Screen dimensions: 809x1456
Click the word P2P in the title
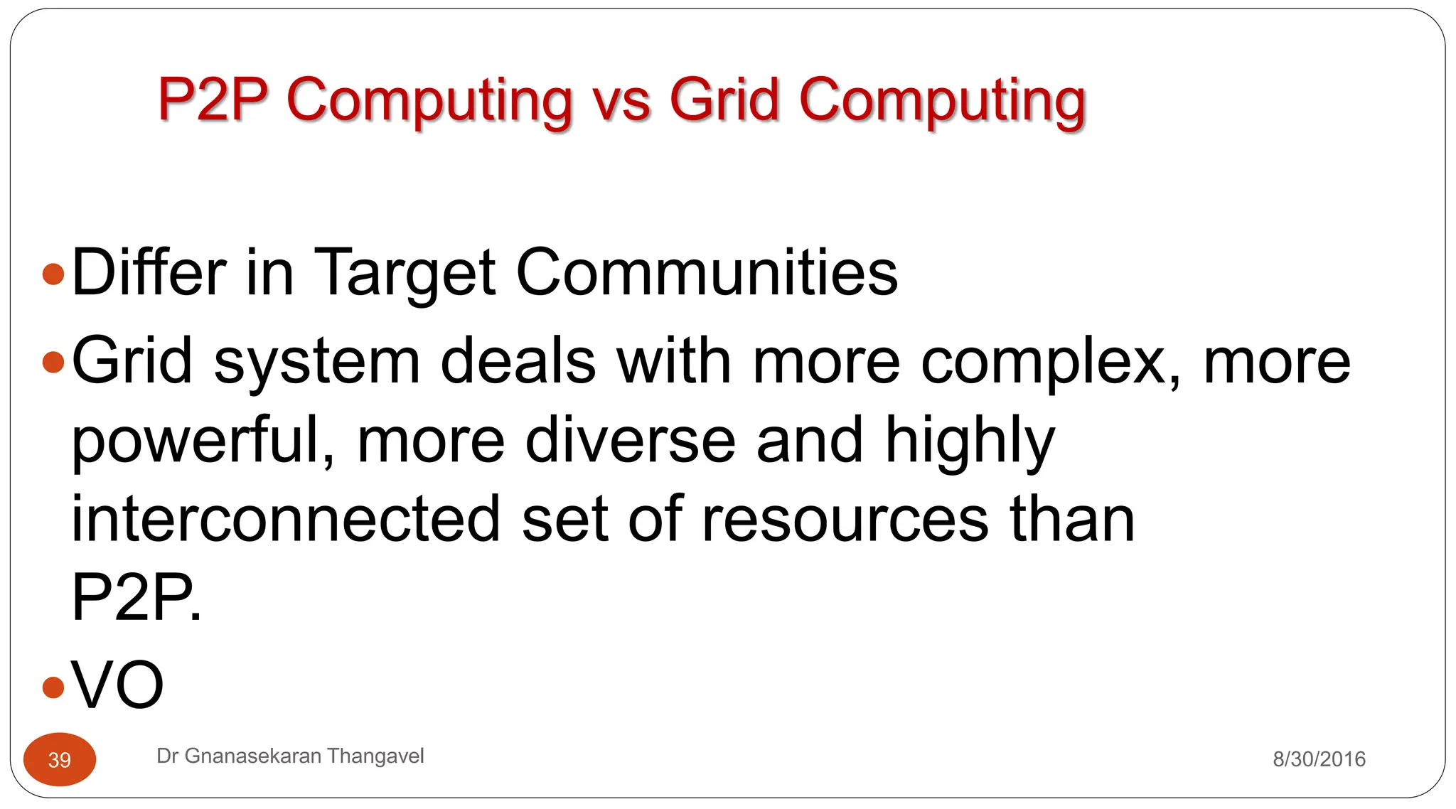(213, 99)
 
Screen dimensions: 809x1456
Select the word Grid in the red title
(724, 99)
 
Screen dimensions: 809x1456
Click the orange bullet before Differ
(53, 274)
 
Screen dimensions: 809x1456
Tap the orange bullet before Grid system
(53, 362)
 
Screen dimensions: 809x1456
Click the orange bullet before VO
(53, 687)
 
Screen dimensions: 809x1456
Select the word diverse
(630, 441)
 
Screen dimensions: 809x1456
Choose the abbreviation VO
(118, 685)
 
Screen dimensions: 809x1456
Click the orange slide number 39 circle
(60, 759)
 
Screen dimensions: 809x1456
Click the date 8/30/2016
(1319, 759)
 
